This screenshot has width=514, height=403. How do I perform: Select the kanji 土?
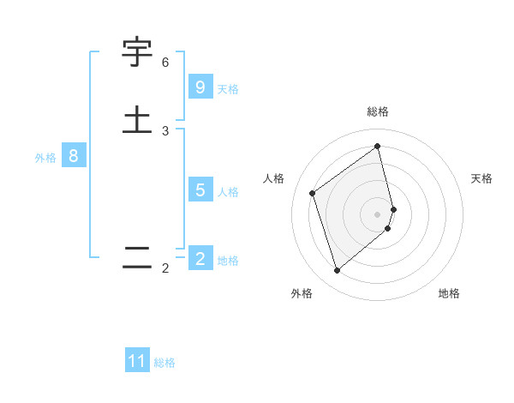pos(137,119)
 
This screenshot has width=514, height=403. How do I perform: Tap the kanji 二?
pos(137,256)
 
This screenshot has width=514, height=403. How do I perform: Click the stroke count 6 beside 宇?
pos(165,63)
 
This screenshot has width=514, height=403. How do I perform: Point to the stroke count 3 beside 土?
pos(165,131)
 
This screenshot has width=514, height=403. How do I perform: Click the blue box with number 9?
pos(200,87)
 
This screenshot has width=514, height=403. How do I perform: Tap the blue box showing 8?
pos(74,156)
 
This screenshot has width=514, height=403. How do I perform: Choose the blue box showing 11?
pos(137,361)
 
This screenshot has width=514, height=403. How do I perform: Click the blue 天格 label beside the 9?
pos(228,89)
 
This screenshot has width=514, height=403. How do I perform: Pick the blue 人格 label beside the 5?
pos(228,192)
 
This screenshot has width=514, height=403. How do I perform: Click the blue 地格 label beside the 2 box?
pos(228,261)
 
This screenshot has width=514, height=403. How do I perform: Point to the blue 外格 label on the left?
pos(45,158)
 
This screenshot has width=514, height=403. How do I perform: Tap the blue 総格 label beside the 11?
pos(164,363)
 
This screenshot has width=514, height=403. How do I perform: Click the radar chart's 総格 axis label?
pos(378,111)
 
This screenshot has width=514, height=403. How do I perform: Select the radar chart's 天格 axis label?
pos(482,178)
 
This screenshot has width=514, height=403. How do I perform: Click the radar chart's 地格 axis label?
pos(449,293)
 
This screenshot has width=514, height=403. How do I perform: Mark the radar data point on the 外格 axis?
pos(337,271)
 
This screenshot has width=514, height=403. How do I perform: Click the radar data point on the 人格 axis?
pos(313,193)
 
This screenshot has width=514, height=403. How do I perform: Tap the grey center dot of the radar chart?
pos(378,214)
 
